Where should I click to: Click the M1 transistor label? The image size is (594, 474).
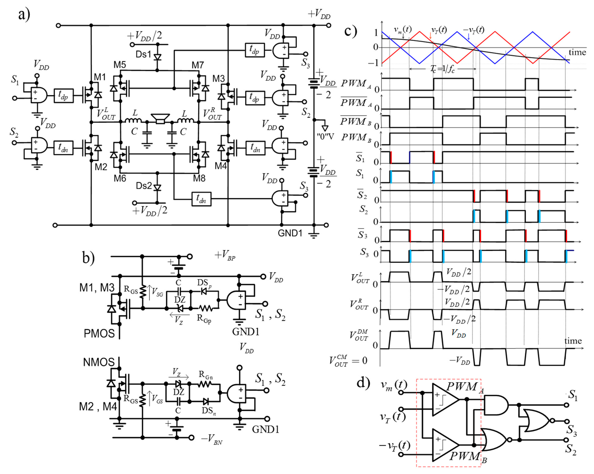pyautogui.click(x=100, y=77)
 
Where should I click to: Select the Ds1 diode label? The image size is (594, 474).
pyautogui.click(x=143, y=54)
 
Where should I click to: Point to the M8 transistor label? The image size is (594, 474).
pyautogui.click(x=199, y=178)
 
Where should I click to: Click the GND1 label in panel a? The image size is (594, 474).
pyautogui.click(x=290, y=233)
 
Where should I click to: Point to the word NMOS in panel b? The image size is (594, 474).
pyautogui.click(x=99, y=362)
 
